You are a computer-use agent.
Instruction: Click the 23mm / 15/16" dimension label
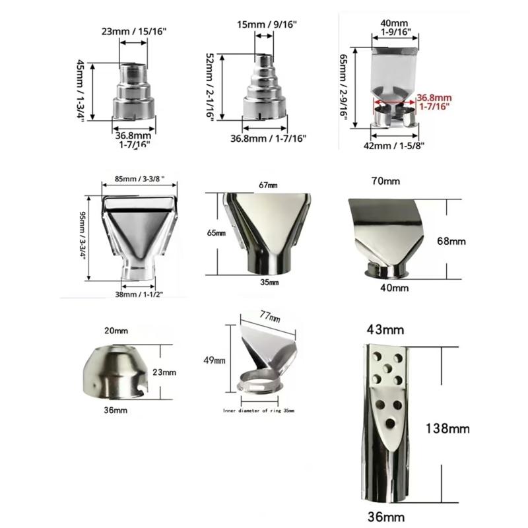134,31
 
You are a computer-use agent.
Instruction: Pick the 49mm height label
215,360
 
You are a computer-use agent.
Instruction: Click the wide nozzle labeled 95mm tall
138,234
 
